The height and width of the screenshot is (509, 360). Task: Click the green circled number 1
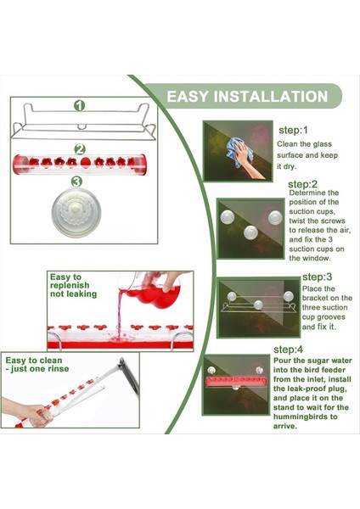79,105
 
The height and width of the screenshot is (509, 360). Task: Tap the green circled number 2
80,149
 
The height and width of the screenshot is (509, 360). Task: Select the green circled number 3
76,182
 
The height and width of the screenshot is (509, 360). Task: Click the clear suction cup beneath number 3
76,213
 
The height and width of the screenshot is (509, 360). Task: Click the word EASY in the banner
188,97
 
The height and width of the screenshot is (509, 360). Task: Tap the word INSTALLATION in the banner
271,97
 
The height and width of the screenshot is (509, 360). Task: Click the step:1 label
293,131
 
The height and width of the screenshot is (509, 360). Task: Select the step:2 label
302,184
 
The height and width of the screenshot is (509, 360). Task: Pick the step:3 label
317,277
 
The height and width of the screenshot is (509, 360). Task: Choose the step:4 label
288,350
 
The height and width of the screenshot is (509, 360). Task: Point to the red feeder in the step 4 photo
236,381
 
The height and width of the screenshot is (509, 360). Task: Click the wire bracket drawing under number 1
84,121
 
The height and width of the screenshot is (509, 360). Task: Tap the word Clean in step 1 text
286,144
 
